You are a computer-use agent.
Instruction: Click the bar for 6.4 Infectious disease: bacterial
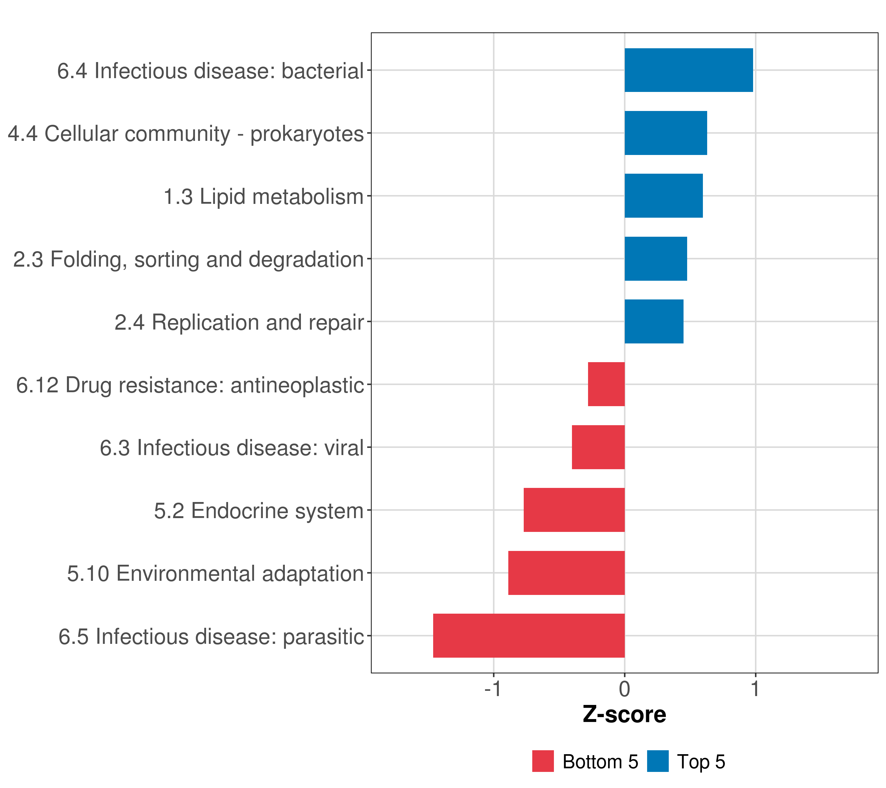[x=688, y=70]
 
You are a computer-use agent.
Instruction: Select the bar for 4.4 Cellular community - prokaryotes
[x=665, y=133]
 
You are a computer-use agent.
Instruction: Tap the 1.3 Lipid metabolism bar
[x=663, y=196]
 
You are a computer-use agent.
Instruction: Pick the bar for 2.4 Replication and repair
[x=654, y=321]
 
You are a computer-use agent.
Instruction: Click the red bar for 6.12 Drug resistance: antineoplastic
[x=606, y=384]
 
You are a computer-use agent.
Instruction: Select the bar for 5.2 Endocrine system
[x=574, y=510]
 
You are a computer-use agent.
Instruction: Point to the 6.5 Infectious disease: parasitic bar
[x=529, y=636]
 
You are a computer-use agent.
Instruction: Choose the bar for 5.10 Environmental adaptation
[x=566, y=573]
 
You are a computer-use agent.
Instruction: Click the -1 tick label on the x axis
[x=493, y=689]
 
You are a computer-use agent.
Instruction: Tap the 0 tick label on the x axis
[x=624, y=689]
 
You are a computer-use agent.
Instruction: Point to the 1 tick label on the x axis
[x=755, y=689]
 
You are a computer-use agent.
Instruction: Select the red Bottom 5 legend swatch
[x=543, y=761]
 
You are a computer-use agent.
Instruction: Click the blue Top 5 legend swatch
[x=658, y=761]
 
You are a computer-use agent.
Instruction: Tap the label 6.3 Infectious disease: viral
[x=231, y=448]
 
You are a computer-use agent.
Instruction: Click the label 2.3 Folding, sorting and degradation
[x=188, y=259]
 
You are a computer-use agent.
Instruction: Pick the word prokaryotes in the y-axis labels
[x=307, y=134]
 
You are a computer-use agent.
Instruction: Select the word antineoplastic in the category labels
[x=297, y=385]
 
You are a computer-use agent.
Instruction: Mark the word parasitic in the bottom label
[x=323, y=637]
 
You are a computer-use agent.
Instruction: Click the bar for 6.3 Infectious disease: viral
[x=598, y=447]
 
